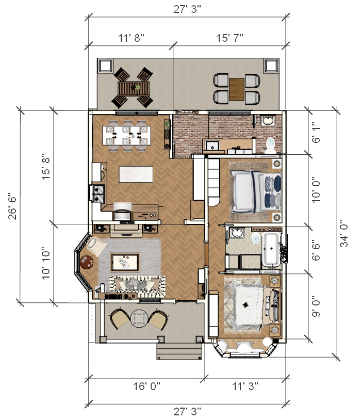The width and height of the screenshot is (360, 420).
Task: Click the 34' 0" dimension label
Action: click(x=344, y=233)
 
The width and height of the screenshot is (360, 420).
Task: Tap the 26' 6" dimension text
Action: click(x=12, y=206)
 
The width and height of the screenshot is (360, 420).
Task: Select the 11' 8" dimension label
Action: click(x=131, y=38)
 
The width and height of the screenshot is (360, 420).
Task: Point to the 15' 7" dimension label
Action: click(x=230, y=38)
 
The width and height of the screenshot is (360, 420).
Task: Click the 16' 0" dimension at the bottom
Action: click(x=146, y=386)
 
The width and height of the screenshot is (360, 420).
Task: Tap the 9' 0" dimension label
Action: click(x=316, y=308)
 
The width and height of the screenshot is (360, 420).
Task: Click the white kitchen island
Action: click(x=136, y=174)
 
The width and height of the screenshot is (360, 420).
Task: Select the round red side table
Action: click(x=87, y=262)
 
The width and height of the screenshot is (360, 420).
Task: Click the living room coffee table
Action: click(x=125, y=262)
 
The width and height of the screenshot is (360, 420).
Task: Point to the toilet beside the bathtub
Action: click(x=256, y=238)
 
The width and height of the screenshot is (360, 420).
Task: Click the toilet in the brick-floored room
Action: click(x=271, y=146)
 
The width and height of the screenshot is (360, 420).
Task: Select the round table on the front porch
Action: click(x=139, y=319)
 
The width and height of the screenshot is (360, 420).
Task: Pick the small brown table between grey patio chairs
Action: click(x=237, y=89)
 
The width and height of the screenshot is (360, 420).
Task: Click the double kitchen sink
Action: click(x=97, y=193)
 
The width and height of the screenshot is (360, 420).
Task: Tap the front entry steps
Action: click(x=179, y=351)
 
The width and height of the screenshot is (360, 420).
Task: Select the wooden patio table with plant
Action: click(x=134, y=88)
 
